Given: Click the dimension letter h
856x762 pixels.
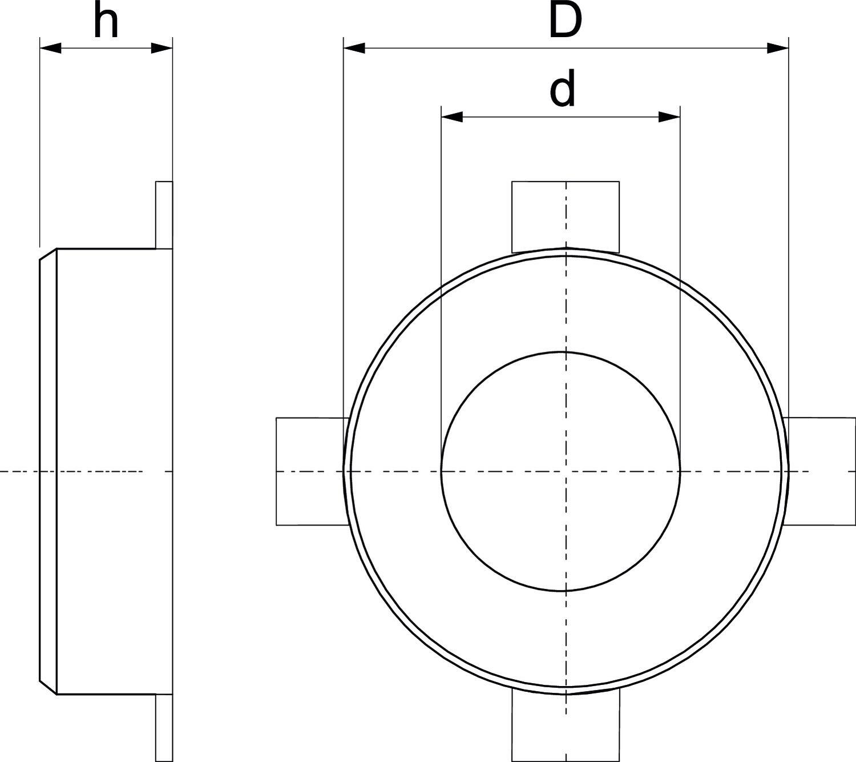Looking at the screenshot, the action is pos(106,20).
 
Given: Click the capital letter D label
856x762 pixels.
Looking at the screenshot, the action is pos(566,21).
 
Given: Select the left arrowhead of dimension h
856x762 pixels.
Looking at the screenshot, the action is pos(50,48).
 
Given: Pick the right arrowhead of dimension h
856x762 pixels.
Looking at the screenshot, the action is pos(162,48).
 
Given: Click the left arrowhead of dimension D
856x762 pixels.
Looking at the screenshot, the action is pos(354,48).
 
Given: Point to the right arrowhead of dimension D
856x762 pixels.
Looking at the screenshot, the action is pos(778,48).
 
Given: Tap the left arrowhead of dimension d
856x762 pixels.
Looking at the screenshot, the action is pos(451,117).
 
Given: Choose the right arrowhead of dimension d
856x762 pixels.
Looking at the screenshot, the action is pos(669,117).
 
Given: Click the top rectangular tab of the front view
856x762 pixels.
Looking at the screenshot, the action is pos(566,216).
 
